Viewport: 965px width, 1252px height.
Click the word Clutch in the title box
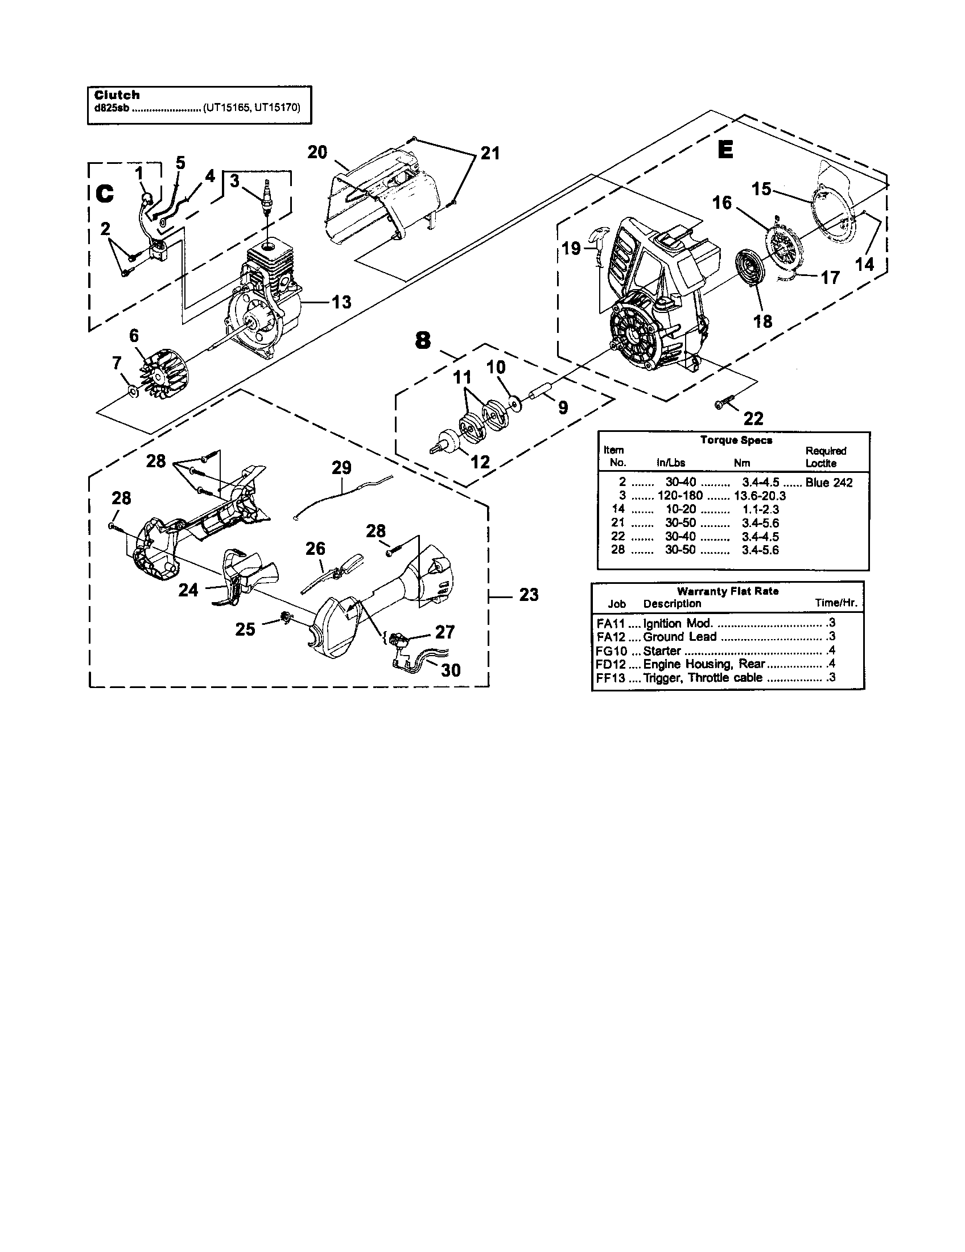(x=117, y=95)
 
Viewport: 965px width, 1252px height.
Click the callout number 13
(x=342, y=302)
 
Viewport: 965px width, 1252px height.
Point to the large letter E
(x=725, y=150)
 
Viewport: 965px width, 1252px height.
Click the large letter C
(x=105, y=193)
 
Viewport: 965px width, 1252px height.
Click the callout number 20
(x=317, y=152)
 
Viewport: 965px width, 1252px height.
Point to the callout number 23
(x=529, y=595)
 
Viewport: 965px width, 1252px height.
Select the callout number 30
(x=451, y=670)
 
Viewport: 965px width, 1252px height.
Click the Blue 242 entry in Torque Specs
(x=828, y=483)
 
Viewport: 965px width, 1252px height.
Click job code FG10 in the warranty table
(x=610, y=651)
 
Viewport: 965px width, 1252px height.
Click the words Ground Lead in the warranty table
(x=679, y=637)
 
